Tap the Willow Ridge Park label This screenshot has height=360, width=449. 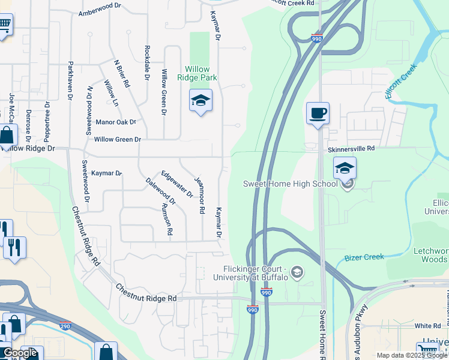point(197,73)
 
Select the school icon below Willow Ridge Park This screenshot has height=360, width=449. point(201,101)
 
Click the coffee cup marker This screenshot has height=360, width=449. point(318,113)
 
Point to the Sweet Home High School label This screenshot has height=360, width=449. point(290,184)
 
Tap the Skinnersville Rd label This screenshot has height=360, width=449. point(351,148)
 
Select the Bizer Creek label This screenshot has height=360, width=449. point(364,257)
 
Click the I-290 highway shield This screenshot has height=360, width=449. point(65,326)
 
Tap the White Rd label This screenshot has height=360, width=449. point(427,326)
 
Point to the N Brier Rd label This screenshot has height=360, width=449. point(122,73)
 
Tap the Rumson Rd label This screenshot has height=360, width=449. point(166,218)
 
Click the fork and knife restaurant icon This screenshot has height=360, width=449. point(14,247)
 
